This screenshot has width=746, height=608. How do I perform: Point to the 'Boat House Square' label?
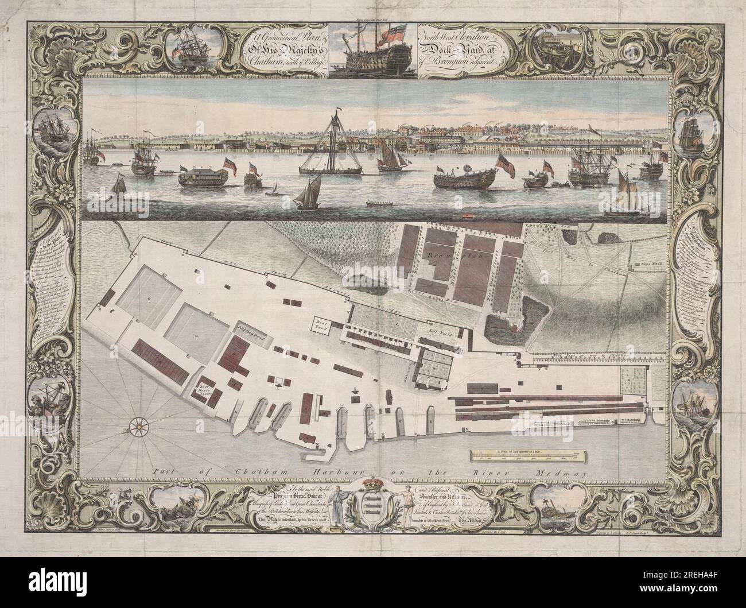coord(206,384)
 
